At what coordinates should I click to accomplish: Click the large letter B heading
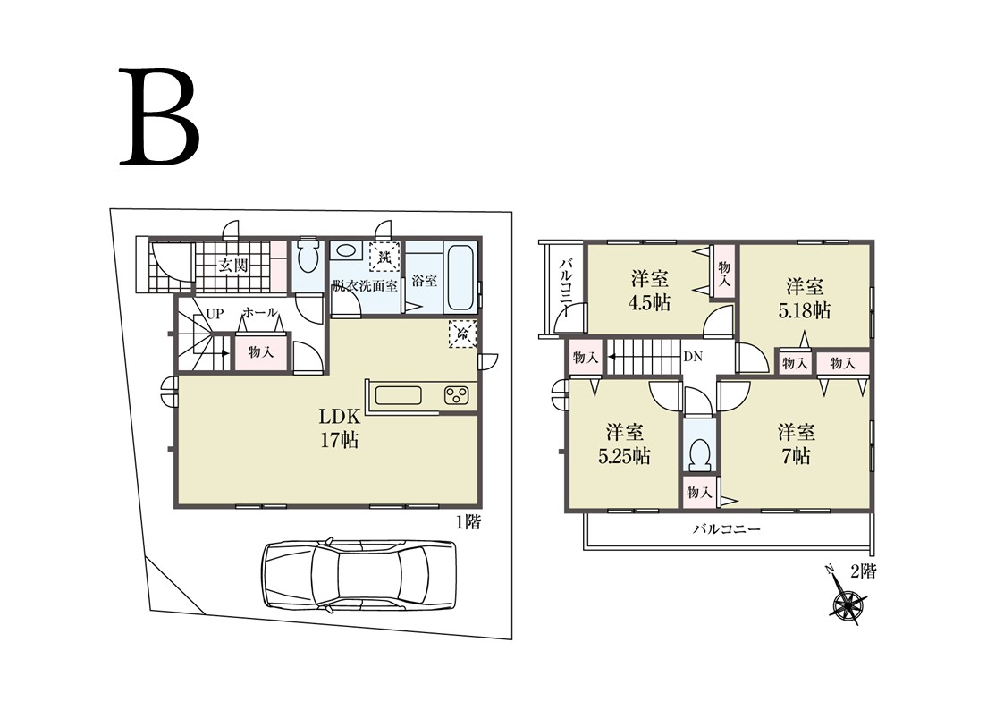click(x=160, y=117)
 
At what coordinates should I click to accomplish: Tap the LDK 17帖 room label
click(x=340, y=429)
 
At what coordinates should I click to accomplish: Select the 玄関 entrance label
click(x=233, y=265)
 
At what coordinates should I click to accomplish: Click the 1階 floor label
click(x=468, y=522)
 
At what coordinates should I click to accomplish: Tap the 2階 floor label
click(x=863, y=571)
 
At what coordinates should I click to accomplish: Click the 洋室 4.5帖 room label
click(x=649, y=291)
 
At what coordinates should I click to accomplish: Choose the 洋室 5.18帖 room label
click(x=805, y=298)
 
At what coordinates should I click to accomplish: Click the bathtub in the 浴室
click(x=460, y=276)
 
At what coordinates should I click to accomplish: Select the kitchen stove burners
click(x=457, y=396)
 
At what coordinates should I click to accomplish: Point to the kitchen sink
click(x=398, y=395)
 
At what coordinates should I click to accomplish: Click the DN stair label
click(x=693, y=357)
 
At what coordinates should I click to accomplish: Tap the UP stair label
click(x=215, y=315)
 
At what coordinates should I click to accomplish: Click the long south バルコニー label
click(x=727, y=529)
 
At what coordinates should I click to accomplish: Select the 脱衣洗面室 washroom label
click(x=365, y=286)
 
